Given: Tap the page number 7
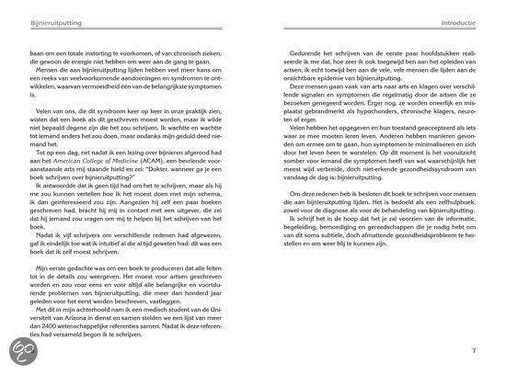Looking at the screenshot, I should [474, 350].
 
